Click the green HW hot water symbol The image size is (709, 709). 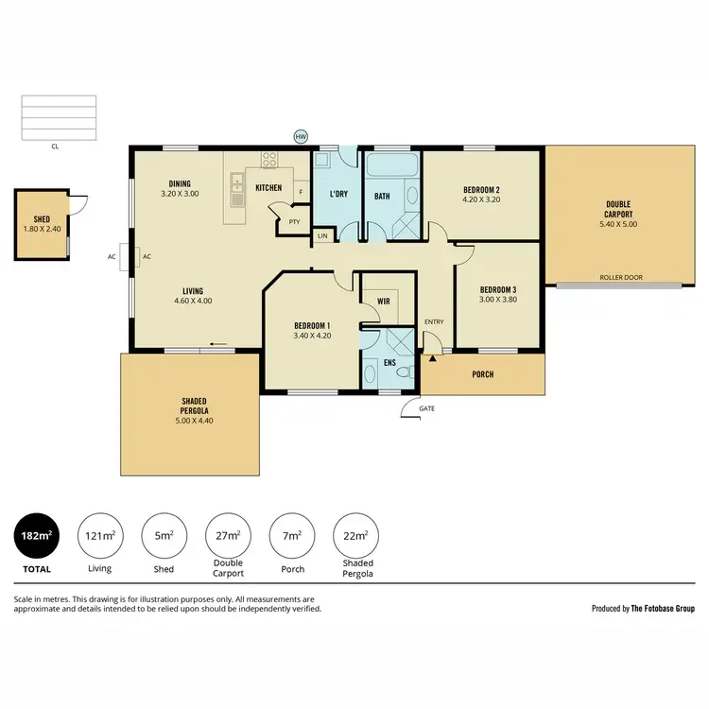301,136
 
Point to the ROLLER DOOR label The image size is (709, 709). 621,278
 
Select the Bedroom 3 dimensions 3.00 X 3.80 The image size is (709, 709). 497,300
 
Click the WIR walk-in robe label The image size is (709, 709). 384,301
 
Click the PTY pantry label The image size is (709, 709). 294,222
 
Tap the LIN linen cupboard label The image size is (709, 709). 322,234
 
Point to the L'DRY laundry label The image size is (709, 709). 338,196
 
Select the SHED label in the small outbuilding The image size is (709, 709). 41,217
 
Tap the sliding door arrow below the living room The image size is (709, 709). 218,343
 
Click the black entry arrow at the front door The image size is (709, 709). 434,358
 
